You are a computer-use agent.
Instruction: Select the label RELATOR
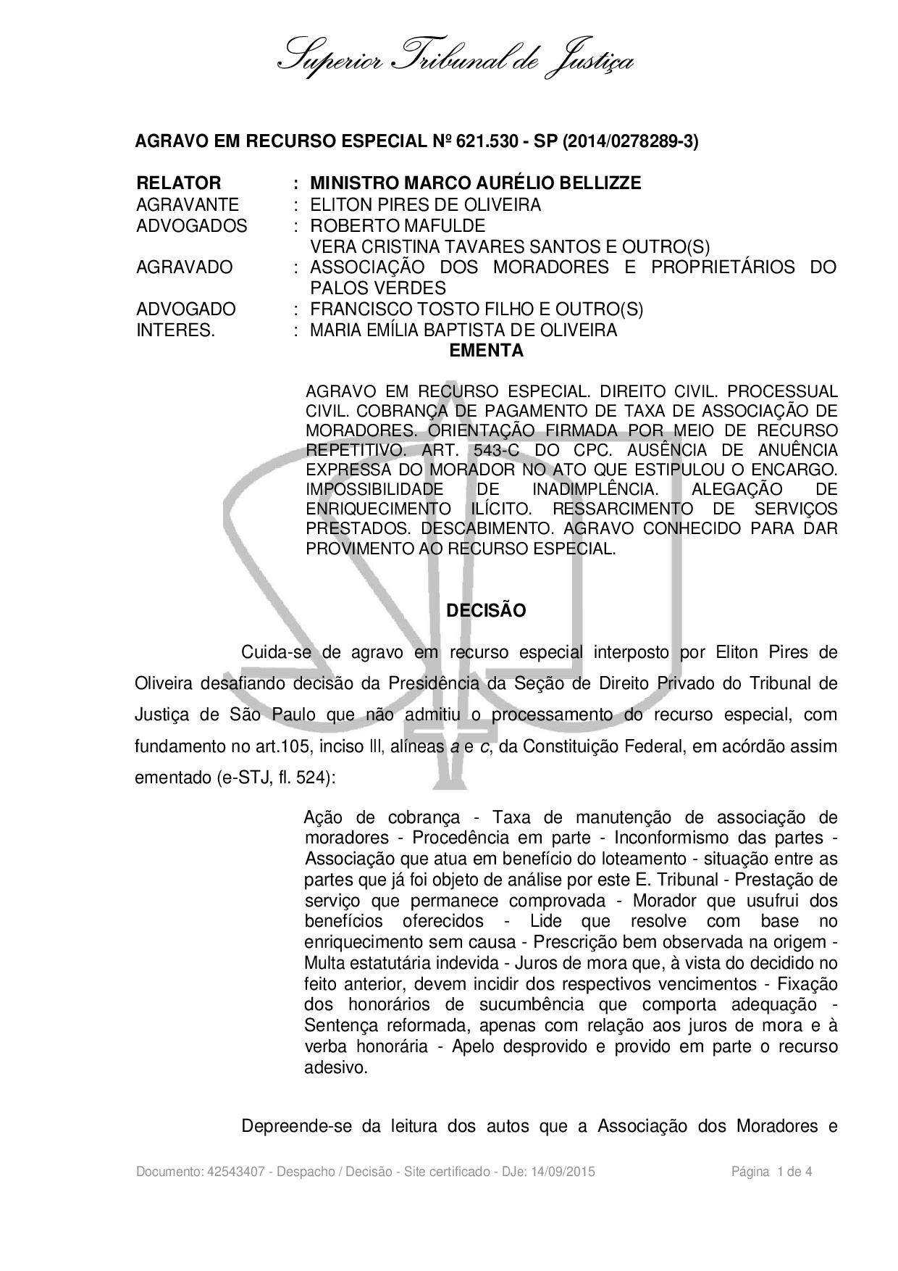click(178, 183)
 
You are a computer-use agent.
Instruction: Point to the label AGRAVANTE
click(187, 205)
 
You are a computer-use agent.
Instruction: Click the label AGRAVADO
click(184, 267)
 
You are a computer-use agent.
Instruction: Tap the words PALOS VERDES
click(377, 288)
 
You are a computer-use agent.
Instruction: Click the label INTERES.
click(175, 330)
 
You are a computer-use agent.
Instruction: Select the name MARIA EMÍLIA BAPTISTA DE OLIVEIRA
click(463, 330)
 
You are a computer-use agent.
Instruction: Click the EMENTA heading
click(486, 351)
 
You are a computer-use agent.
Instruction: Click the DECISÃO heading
click(486, 610)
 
